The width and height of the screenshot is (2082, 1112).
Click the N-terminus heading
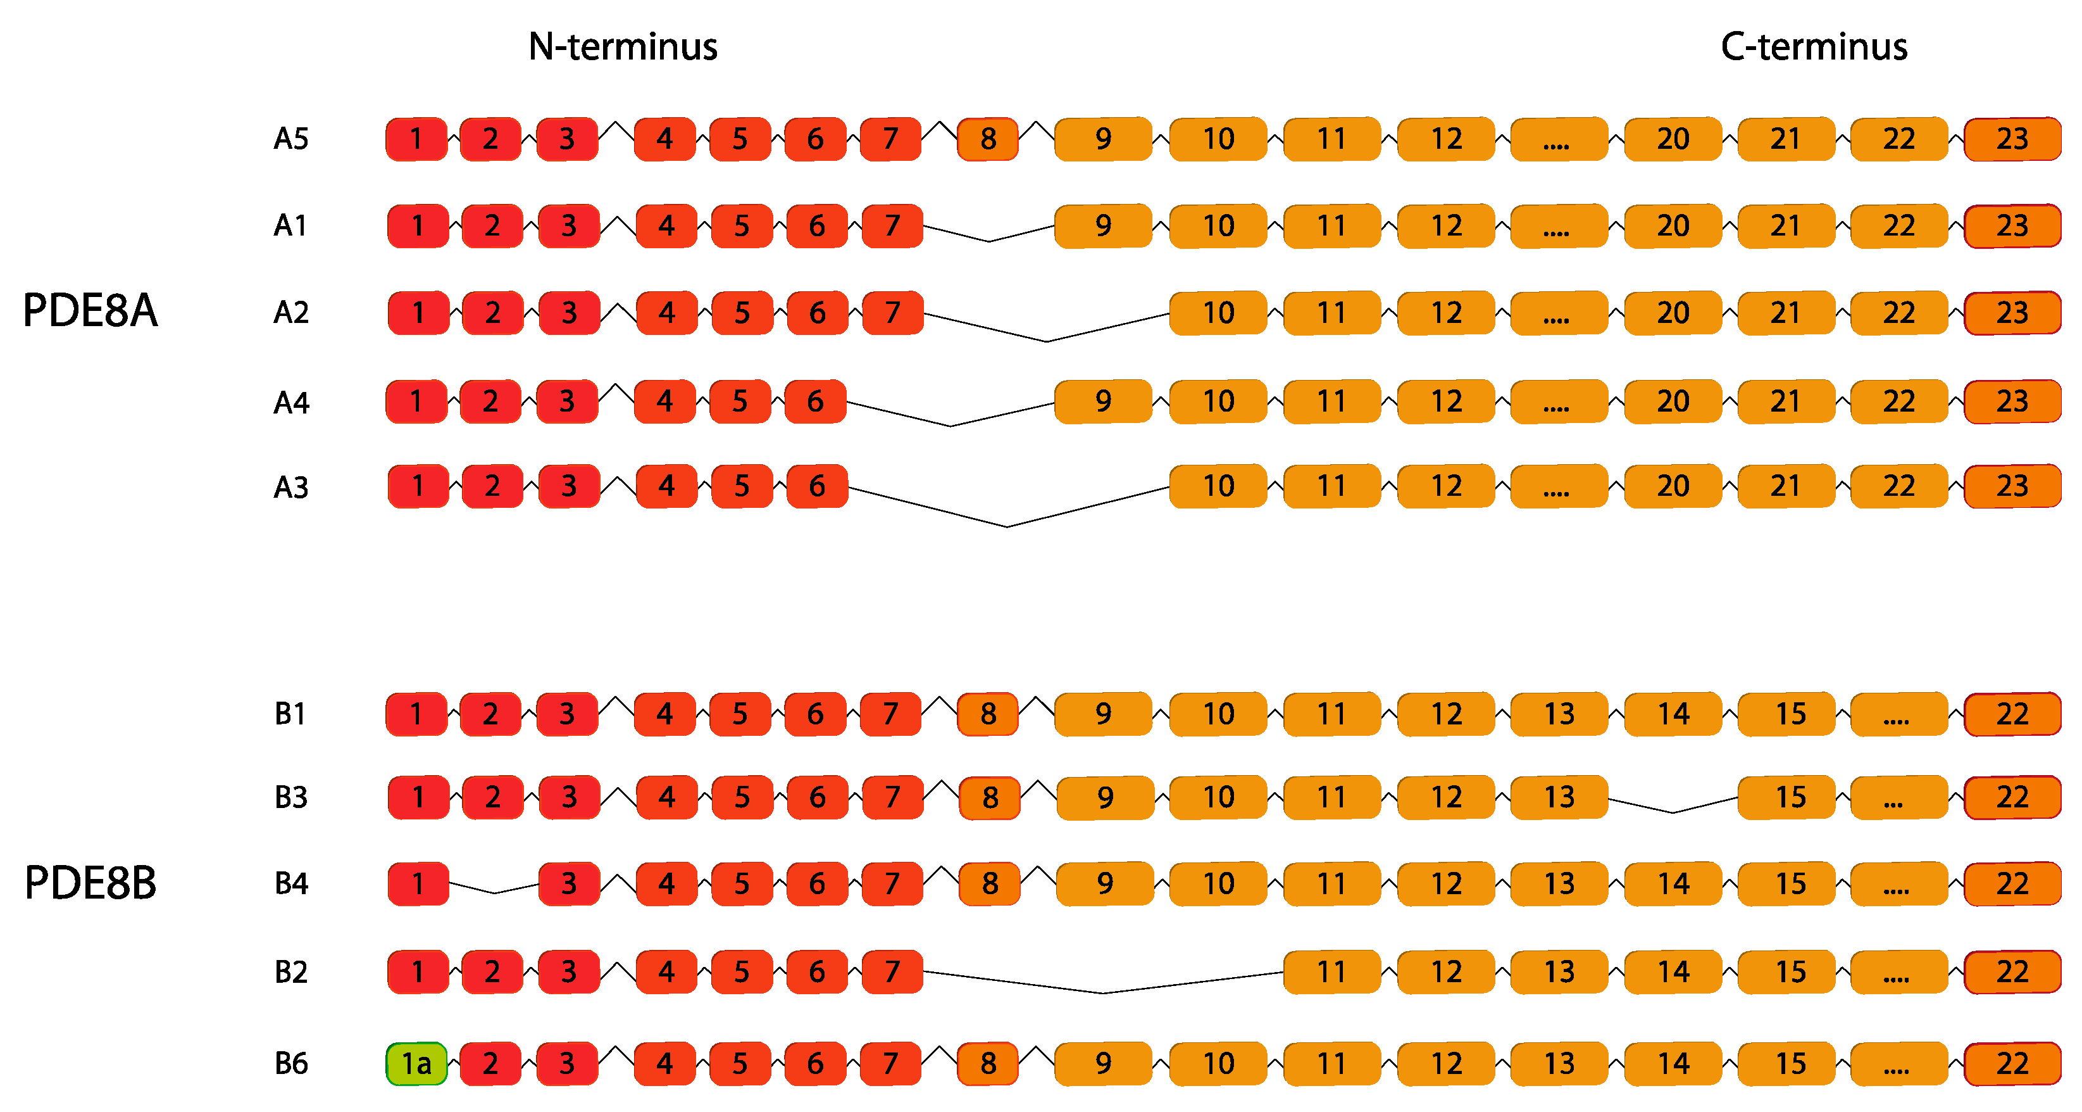pos(622,47)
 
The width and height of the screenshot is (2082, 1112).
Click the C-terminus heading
pos(1814,47)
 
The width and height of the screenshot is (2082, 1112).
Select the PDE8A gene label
pos(90,310)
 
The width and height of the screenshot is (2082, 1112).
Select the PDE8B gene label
pos(90,882)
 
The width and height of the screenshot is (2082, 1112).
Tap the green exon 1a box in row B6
pos(416,1063)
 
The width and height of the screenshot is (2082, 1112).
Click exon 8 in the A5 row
pos(988,139)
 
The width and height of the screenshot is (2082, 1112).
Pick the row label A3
pos(291,487)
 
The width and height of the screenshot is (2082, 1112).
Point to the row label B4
pos(291,883)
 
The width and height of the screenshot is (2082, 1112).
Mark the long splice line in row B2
pos(1102,992)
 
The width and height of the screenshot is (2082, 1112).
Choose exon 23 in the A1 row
pos(2012,225)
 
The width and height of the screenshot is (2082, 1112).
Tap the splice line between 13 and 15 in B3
pos(1672,811)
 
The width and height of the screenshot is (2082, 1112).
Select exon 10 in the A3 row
pos(1218,486)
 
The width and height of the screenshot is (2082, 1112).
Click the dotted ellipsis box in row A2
pos(1558,313)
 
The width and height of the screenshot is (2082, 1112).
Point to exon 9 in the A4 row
pos(1102,401)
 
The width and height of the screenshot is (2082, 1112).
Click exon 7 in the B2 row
pos(892,971)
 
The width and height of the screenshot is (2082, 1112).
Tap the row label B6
pos(291,1063)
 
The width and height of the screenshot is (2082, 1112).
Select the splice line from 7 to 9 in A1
pos(988,240)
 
